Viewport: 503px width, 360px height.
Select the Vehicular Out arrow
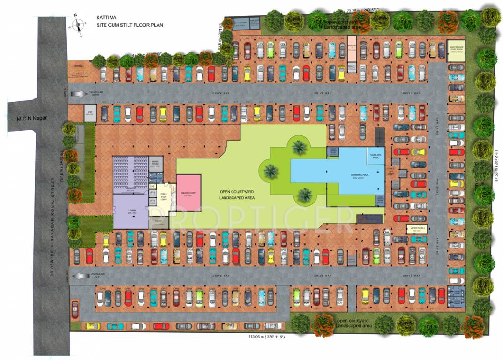[x=80, y=275]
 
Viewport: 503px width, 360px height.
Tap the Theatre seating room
[x=130, y=174]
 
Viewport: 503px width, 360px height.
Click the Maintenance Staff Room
[x=457, y=50]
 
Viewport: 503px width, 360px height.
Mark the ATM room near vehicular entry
[x=89, y=112]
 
